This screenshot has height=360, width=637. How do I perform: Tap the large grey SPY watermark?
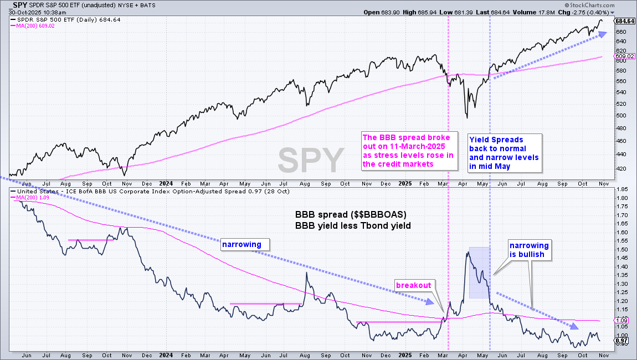tap(311, 161)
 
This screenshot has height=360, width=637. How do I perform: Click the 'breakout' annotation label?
tap(413, 285)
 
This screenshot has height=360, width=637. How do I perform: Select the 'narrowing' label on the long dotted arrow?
tap(245, 244)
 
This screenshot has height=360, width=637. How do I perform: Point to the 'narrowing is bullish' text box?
tap(529, 250)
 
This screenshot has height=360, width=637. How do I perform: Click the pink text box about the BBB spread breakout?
tap(408, 150)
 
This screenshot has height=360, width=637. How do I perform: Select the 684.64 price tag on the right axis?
tap(625, 20)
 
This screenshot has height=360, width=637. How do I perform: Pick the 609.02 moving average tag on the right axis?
tap(624, 56)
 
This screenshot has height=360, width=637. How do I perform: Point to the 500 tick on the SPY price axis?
tap(620, 115)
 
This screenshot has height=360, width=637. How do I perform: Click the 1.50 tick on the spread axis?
tap(621, 250)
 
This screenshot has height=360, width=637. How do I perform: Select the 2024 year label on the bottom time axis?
tap(166, 353)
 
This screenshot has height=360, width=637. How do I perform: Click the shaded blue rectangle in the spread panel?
tap(479, 272)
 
